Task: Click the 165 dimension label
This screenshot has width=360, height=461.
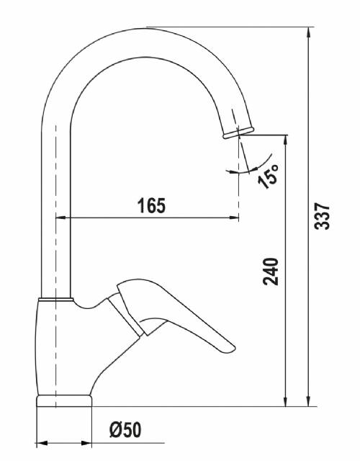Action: tap(151, 205)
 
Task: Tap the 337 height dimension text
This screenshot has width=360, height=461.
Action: tap(322, 216)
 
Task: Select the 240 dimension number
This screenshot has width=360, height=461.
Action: tap(271, 272)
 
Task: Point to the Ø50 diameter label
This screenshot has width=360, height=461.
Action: tap(125, 429)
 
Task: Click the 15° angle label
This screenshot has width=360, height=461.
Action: tap(268, 176)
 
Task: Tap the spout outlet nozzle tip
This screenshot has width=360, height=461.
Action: tap(238, 133)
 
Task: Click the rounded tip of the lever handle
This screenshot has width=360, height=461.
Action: tap(231, 348)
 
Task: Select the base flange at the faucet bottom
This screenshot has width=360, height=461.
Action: tap(64, 400)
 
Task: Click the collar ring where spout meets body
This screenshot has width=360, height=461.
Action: tap(56, 300)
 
